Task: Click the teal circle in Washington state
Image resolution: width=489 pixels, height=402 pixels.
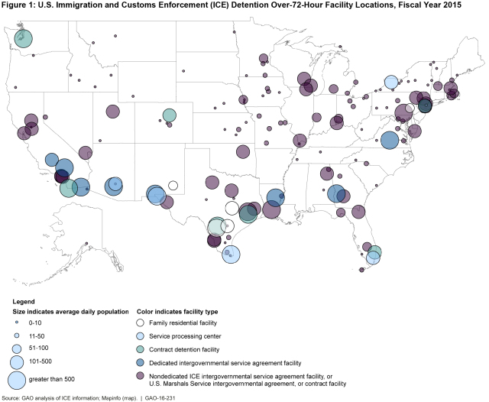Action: tap(23, 38)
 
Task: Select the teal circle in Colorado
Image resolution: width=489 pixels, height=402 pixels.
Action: tap(169, 116)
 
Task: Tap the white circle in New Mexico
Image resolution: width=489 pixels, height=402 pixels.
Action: tap(173, 185)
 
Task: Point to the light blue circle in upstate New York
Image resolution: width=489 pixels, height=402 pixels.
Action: tap(390, 83)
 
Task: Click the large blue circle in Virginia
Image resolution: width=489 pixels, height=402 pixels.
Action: tap(389, 140)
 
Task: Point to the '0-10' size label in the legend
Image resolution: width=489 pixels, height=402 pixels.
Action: tap(48, 323)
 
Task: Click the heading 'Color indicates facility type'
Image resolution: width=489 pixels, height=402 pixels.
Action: tap(174, 312)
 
